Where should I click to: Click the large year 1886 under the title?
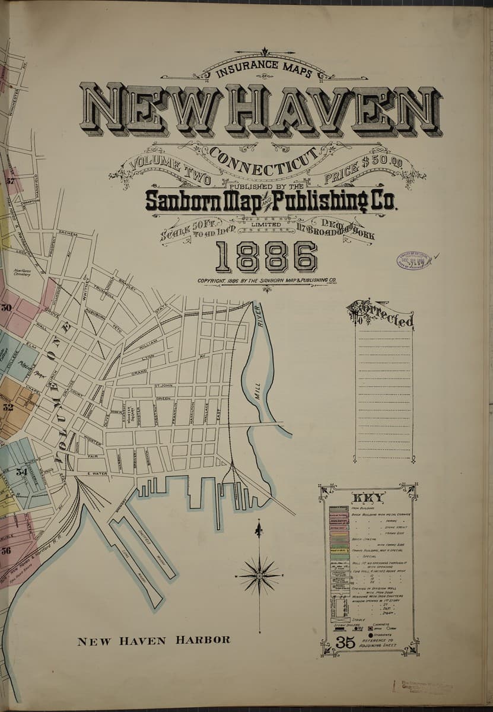266,257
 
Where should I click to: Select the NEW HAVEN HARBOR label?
154,640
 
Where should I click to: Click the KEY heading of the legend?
368,497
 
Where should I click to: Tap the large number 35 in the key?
345,642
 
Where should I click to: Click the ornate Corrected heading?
380,314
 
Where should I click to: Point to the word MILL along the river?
257,393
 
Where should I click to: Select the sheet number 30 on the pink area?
7,308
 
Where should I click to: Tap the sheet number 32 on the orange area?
8,408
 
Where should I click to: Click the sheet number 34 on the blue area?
21,472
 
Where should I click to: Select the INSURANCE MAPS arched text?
266,69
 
